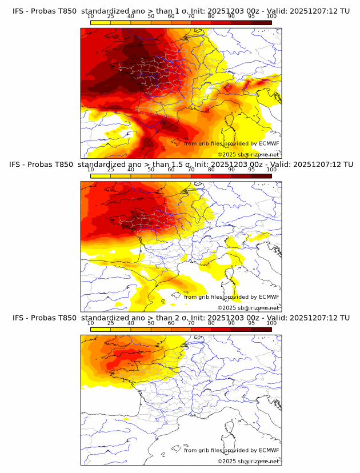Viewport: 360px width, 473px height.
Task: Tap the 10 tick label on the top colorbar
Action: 91,16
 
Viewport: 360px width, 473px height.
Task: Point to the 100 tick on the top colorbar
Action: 271,16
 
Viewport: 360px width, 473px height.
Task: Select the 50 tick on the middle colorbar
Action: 151,170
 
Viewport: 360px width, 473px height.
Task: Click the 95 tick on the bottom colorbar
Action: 251,323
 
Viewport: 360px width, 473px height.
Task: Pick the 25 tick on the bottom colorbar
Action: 111,323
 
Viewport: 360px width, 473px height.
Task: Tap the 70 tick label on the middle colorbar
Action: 191,170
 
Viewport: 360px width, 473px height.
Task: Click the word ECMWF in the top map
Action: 269,143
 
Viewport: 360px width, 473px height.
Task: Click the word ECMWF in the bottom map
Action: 269,450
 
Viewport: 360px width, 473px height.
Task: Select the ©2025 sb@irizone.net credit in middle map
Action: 249,308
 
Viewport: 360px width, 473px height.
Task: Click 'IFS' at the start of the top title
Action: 18,11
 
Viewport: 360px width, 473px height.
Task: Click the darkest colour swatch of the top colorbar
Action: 261,22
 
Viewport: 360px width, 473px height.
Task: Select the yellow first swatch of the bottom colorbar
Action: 101,329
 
